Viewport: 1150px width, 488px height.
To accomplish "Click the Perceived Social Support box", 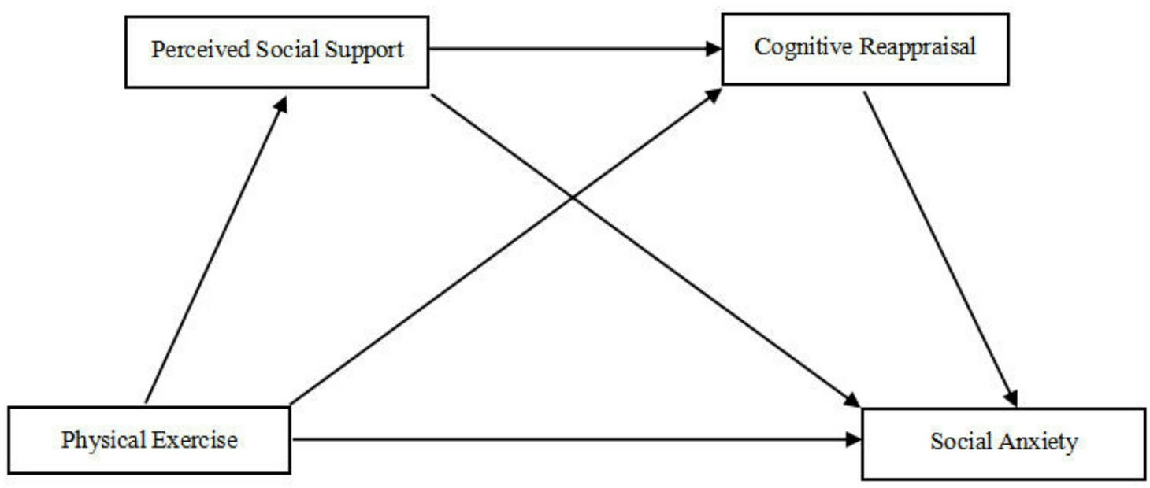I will [276, 50].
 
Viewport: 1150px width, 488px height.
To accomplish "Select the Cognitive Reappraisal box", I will [865, 48].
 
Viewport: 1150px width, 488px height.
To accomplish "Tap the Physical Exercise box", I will [149, 439].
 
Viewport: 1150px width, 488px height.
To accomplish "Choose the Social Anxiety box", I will [1003, 442].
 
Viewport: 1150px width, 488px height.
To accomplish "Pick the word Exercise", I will [197, 439].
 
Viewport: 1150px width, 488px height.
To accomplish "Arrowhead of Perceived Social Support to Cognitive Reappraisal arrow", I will [714, 49].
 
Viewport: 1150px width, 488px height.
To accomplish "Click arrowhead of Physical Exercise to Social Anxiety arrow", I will [854, 439].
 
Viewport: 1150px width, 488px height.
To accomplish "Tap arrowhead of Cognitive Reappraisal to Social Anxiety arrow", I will [1011, 398].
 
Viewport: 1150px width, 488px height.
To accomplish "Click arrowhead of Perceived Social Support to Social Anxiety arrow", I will [853, 400].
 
